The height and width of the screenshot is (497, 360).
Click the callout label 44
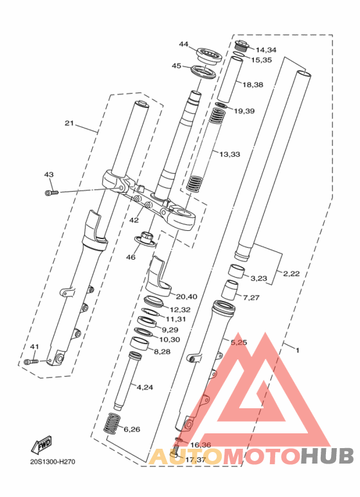pos(183,44)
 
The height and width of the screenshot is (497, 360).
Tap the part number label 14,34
pos(266,50)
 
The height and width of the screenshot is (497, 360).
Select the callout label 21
pos(69,123)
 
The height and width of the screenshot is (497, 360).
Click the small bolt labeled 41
pos(32,361)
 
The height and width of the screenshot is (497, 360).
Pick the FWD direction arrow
pos(41,445)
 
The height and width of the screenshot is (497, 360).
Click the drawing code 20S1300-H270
pos(53,462)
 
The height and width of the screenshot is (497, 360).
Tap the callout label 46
pos(131,257)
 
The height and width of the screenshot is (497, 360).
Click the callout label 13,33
pos(230,154)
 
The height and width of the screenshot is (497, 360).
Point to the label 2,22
pos(291,273)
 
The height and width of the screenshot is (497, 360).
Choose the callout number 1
pos(297,350)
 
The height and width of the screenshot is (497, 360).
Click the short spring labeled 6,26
pos(112,424)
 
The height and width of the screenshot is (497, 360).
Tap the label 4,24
pos(145,387)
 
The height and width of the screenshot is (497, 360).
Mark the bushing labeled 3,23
pos(238,271)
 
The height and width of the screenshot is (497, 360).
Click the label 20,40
pos(186,296)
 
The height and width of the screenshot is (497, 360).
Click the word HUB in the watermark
pos(327,455)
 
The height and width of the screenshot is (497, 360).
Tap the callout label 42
pos(134,220)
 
